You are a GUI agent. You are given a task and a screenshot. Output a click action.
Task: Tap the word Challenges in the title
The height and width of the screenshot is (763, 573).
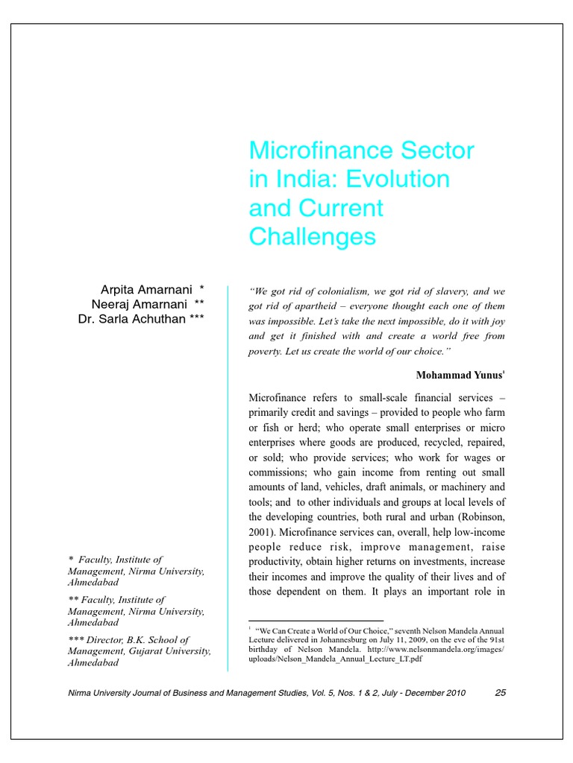coord(312,237)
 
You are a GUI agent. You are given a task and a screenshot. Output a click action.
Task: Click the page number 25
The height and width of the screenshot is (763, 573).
coord(501,693)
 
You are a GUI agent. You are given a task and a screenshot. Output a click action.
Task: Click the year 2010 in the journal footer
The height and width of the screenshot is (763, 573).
coord(454,693)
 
